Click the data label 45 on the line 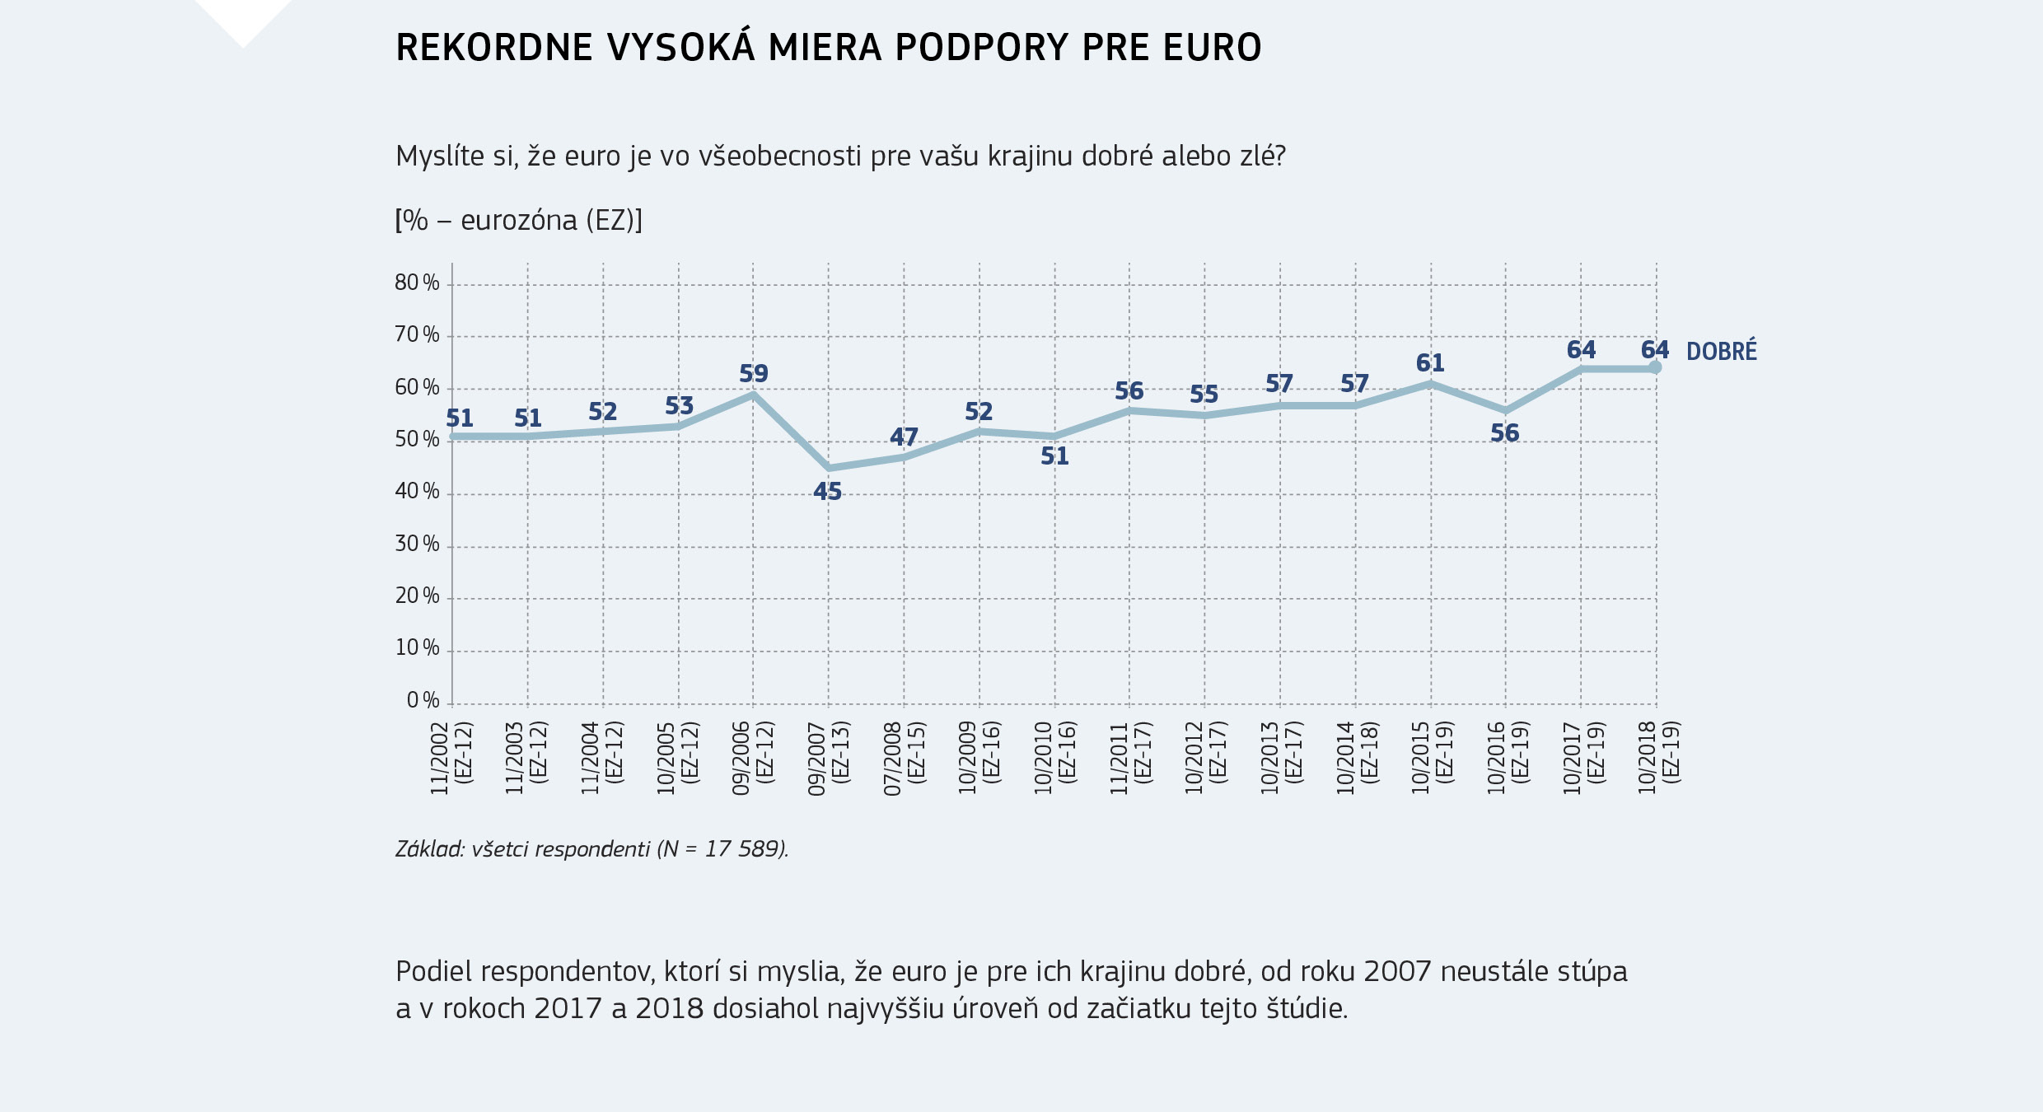(827, 492)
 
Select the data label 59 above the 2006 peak (753, 374)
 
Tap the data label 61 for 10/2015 (1430, 363)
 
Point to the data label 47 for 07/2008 (904, 437)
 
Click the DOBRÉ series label (1721, 352)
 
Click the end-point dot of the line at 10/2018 (1655, 367)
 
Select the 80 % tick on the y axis (417, 283)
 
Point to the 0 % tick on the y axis (423, 701)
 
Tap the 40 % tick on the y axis (417, 492)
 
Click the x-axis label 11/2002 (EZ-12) (451, 757)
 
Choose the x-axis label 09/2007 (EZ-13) (828, 757)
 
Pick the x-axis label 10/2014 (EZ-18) (1356, 757)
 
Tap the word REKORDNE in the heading (494, 48)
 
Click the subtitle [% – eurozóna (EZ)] (518, 221)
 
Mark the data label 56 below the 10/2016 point (1504, 433)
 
